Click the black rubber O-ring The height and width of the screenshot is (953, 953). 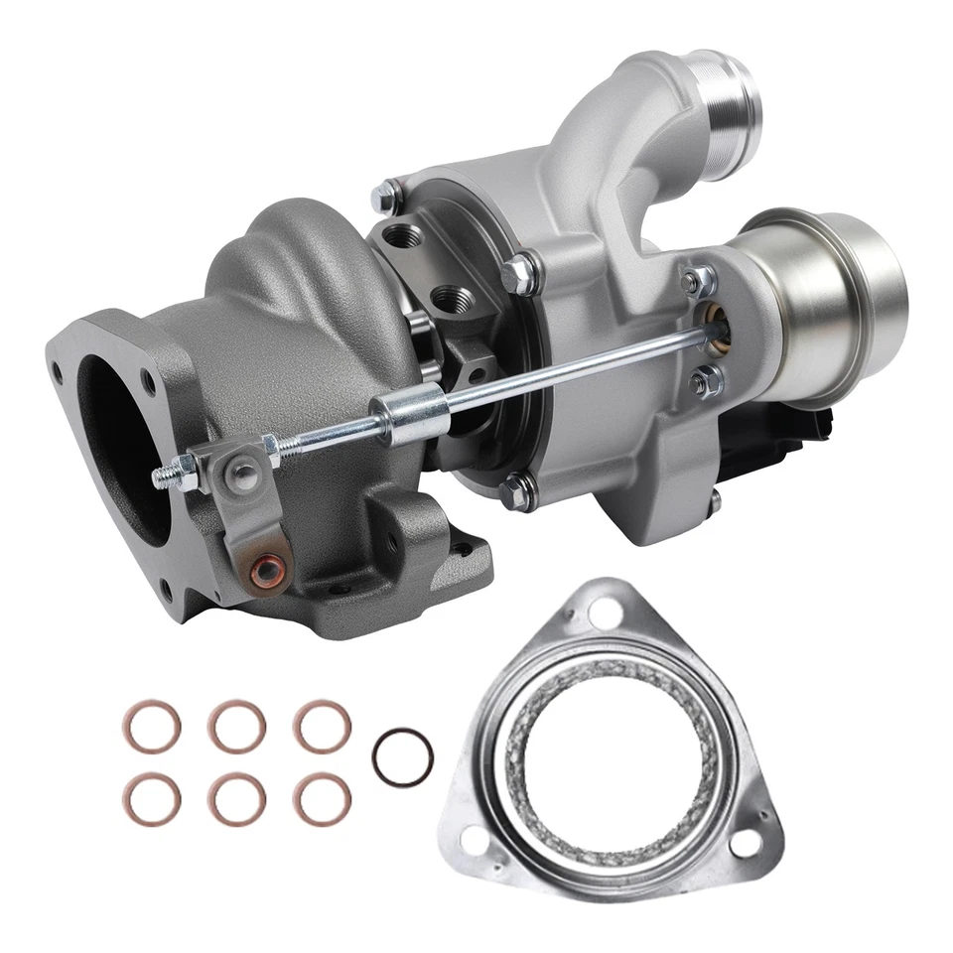pos(402,757)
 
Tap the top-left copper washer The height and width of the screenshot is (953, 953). pos(152,727)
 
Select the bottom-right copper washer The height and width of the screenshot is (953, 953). pos(322,798)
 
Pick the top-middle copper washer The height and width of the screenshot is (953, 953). pos(236,727)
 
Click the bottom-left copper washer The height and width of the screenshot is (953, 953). pos(152,798)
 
